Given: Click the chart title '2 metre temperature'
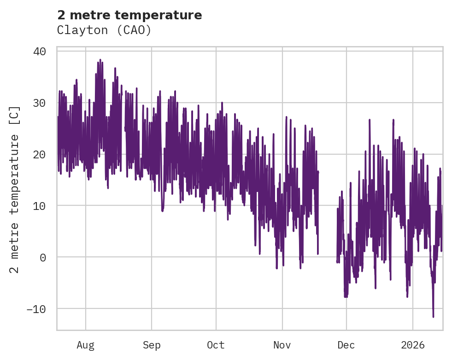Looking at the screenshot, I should click(x=129, y=15).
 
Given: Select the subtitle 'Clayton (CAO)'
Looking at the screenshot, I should click(x=104, y=30).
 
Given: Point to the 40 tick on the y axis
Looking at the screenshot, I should click(x=40, y=51).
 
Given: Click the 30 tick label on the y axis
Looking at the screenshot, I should click(x=40, y=103).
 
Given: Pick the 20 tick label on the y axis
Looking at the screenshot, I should click(x=40, y=154).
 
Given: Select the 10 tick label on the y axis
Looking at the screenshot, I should click(x=40, y=206).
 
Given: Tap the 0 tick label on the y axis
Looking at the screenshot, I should click(x=43, y=257).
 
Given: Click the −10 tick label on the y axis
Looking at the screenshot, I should click(x=36, y=309).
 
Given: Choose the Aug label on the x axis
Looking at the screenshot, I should click(x=85, y=345).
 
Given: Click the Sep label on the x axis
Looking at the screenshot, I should click(x=151, y=345).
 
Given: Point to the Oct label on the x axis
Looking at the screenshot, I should click(x=216, y=345).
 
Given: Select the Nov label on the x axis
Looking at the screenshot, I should click(x=282, y=345).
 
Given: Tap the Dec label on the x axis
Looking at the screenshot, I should click(x=346, y=345).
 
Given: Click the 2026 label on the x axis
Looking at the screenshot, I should click(x=413, y=345).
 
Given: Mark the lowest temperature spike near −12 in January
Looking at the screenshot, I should click(x=433, y=317).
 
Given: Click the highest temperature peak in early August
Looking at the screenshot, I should click(x=100, y=60).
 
